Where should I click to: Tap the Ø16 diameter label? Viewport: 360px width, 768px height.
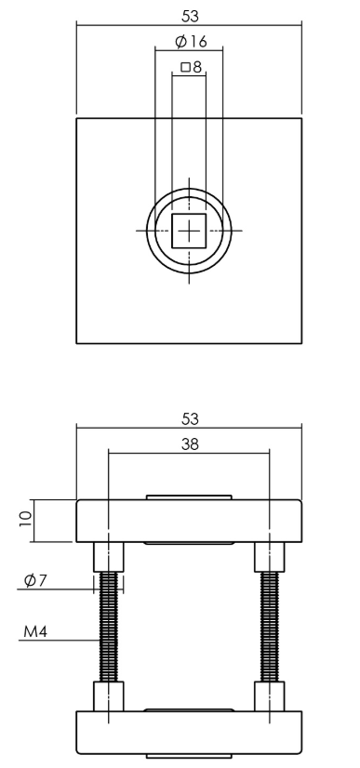tap(190, 42)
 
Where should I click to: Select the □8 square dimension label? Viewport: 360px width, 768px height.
tap(190, 67)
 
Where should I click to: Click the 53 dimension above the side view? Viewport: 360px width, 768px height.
tap(189, 419)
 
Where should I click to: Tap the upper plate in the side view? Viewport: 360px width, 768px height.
tap(189, 521)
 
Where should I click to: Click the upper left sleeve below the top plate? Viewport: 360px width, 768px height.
tap(110, 557)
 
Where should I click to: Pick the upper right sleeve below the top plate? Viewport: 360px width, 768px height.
tap(269, 557)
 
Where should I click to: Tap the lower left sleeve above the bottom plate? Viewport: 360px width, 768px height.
tap(110, 695)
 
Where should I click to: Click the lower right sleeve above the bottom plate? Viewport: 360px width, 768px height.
tap(269, 695)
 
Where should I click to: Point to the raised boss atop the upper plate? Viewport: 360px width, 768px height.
tap(189, 497)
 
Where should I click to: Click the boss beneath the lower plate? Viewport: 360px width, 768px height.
tap(189, 757)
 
